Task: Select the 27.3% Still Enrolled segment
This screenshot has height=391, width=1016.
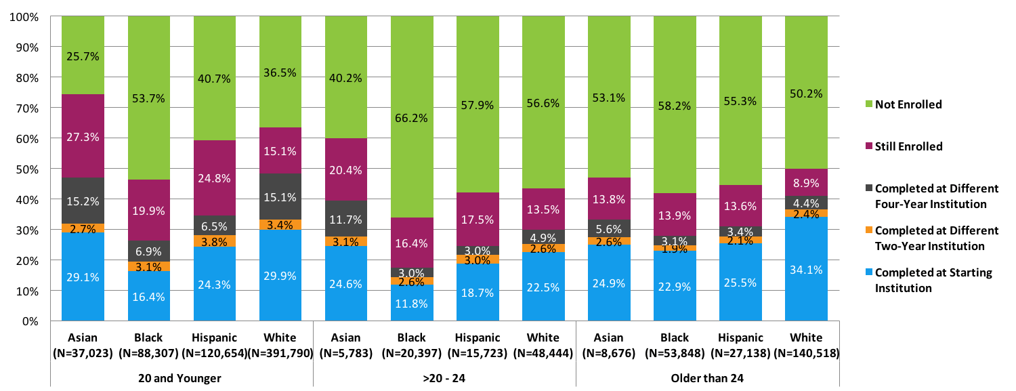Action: pos(83,136)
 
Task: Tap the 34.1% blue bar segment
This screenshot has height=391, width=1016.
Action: pos(806,269)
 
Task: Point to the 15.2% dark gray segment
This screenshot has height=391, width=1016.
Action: pos(83,201)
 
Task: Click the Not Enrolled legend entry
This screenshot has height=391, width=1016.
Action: pos(908,104)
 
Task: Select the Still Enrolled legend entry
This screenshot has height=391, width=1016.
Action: pos(908,146)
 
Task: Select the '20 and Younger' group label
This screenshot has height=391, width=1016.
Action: pos(181,377)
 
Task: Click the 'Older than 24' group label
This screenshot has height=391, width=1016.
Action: pos(707,377)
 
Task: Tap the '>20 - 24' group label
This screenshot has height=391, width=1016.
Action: pos(444,377)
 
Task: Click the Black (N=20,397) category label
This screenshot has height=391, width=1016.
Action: pos(412,344)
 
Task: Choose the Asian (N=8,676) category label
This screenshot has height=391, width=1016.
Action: pos(609,344)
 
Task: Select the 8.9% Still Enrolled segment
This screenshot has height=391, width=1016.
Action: pos(806,183)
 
